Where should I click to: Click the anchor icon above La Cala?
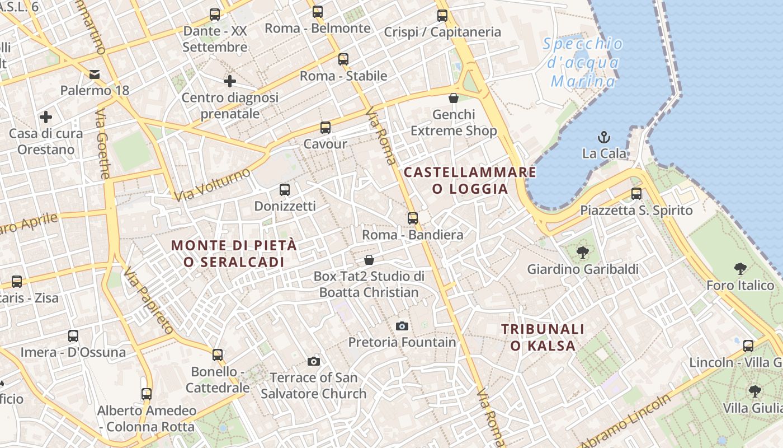[x=604, y=137]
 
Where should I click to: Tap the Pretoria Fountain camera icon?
[x=402, y=326]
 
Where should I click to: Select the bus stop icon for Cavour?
[x=326, y=128]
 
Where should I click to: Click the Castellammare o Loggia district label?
[x=470, y=180]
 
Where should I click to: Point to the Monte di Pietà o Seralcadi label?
[x=234, y=254]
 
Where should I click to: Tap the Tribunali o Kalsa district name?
[x=543, y=337]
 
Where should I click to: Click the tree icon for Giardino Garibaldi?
[x=583, y=253]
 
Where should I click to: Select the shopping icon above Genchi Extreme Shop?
[x=454, y=99]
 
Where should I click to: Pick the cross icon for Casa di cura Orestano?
[x=46, y=117]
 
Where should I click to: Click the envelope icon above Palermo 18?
[x=95, y=74]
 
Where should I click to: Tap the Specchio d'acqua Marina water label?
[x=583, y=63]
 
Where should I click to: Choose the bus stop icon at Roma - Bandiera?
[x=413, y=218]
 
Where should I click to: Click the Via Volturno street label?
[x=212, y=184]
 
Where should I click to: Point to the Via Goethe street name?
[x=103, y=144]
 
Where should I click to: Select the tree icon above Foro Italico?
[x=740, y=269]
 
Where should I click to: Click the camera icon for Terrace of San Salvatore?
[x=314, y=361]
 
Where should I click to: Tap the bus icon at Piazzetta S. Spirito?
[x=636, y=194]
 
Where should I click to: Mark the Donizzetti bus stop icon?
[x=285, y=190]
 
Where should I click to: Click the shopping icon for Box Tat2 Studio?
[x=369, y=260]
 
